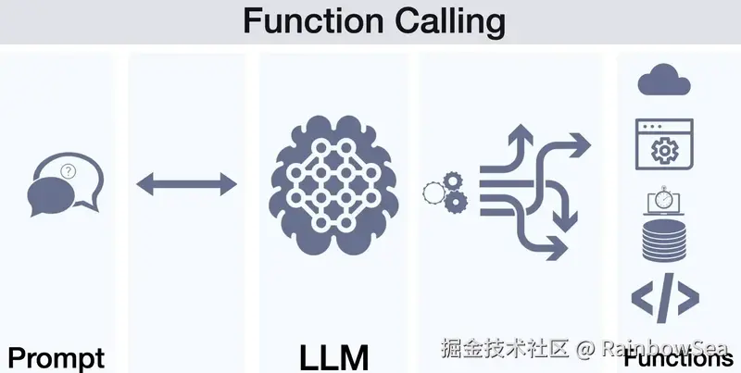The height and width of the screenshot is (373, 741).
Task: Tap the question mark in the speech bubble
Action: coord(68,171)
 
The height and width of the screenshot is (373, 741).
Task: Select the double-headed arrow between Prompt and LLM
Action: coord(187,184)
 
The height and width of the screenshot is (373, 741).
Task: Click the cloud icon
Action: coord(664,81)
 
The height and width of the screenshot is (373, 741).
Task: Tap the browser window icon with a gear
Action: coord(664,146)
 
